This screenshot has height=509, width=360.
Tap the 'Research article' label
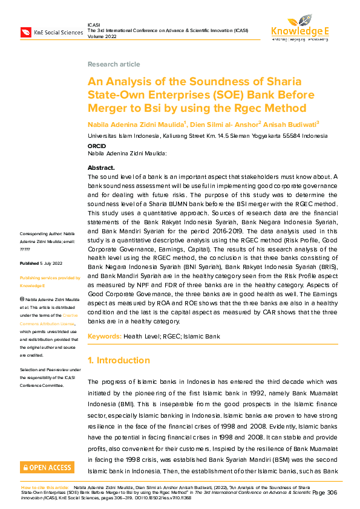(114, 64)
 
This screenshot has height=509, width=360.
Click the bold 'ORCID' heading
(97, 146)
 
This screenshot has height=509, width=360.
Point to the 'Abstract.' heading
(101, 167)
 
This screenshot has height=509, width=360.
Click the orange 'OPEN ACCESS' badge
(47, 467)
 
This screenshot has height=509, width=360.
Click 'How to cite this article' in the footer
(45, 487)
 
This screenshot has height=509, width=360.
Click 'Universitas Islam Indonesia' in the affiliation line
(122, 136)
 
